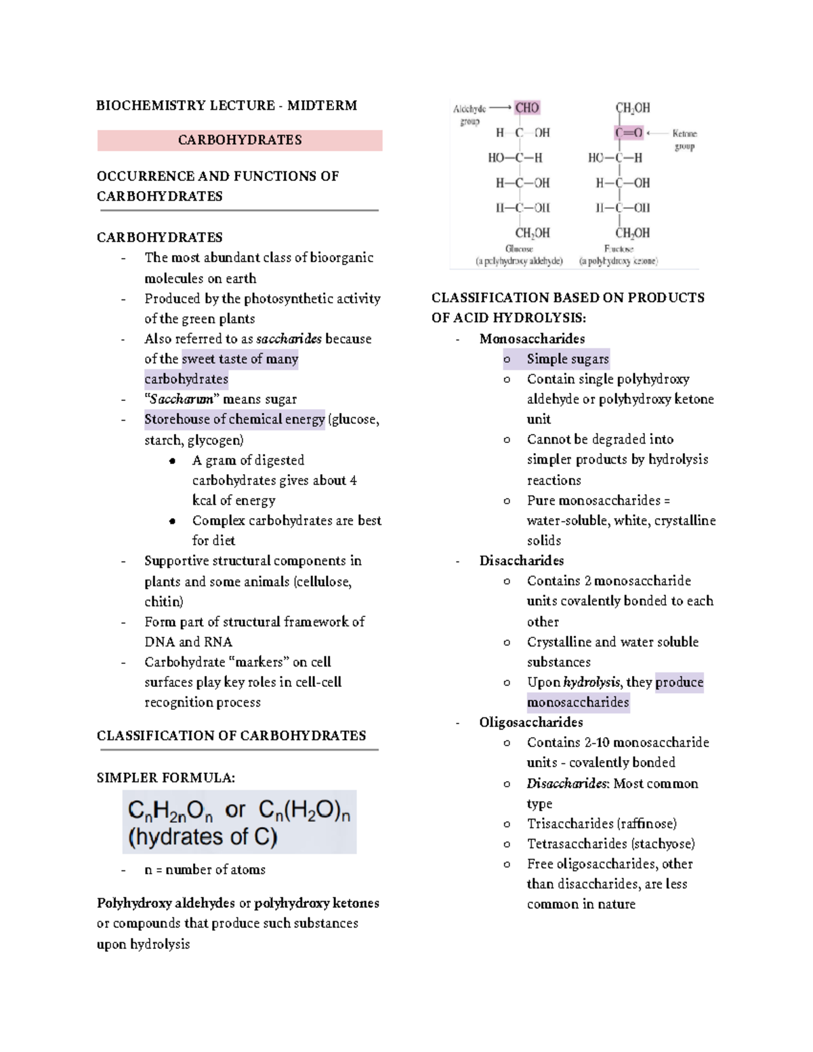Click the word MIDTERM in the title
(x=322, y=106)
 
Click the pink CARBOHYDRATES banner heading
(x=240, y=140)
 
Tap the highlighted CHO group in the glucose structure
(x=526, y=108)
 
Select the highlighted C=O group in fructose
(x=629, y=133)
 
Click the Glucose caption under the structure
(x=519, y=249)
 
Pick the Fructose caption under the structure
(x=619, y=249)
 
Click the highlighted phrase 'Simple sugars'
(x=568, y=359)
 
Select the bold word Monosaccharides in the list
(x=532, y=339)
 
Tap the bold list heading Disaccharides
(x=521, y=561)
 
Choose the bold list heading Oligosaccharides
(x=530, y=722)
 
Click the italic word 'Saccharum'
(x=182, y=400)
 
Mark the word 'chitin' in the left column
(x=162, y=602)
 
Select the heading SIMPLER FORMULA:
(x=166, y=778)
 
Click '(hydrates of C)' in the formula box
(x=203, y=837)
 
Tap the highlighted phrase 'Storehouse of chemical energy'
(x=234, y=420)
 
